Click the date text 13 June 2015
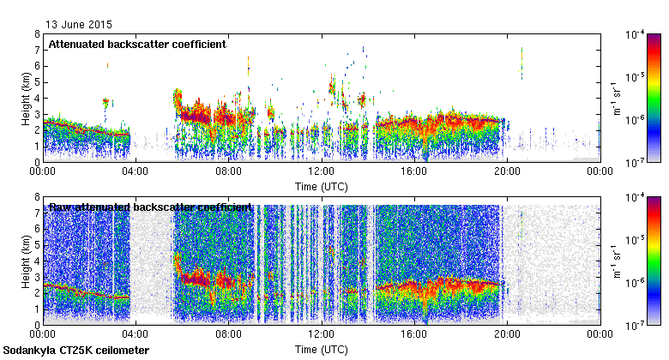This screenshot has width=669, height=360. click(x=79, y=25)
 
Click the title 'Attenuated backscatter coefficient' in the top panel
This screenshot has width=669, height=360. click(x=136, y=44)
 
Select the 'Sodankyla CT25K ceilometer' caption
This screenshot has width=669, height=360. click(x=76, y=351)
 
